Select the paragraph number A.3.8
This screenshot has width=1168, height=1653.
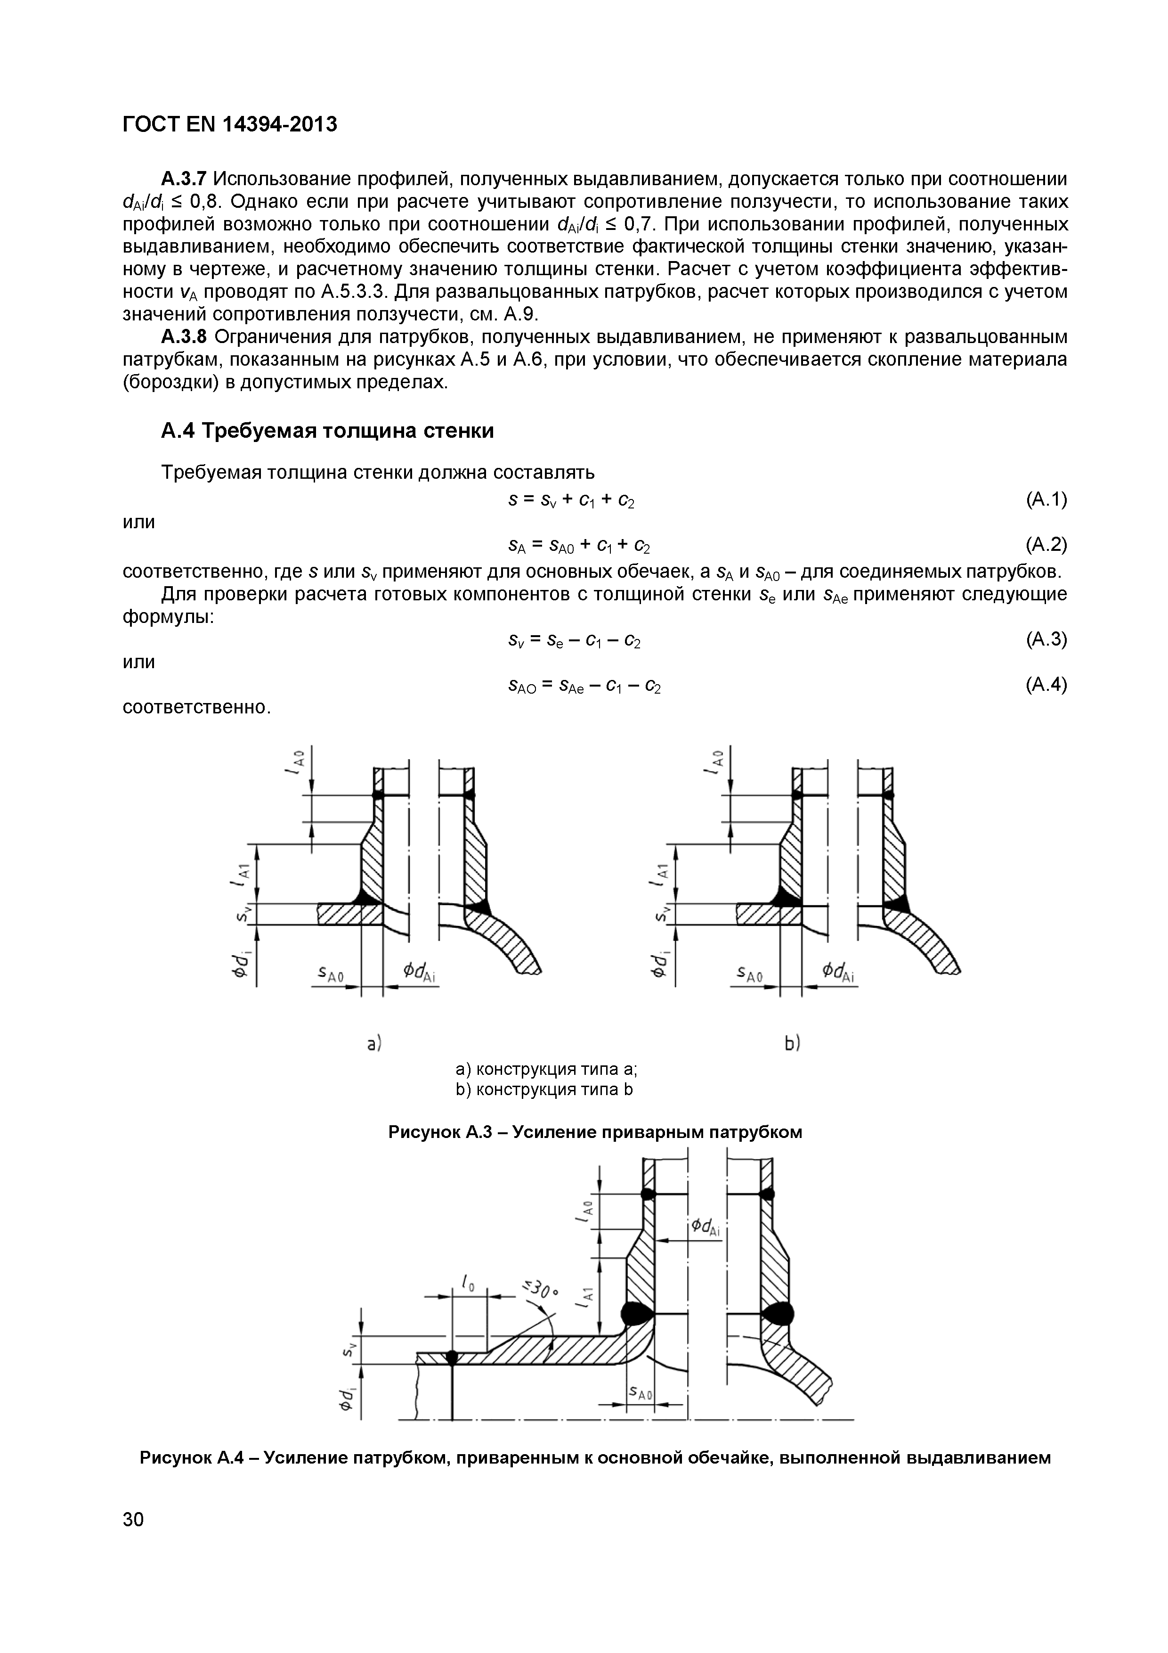point(184,337)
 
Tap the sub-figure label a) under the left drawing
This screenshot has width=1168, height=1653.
point(374,1043)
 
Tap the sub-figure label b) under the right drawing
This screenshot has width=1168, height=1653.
point(792,1043)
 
